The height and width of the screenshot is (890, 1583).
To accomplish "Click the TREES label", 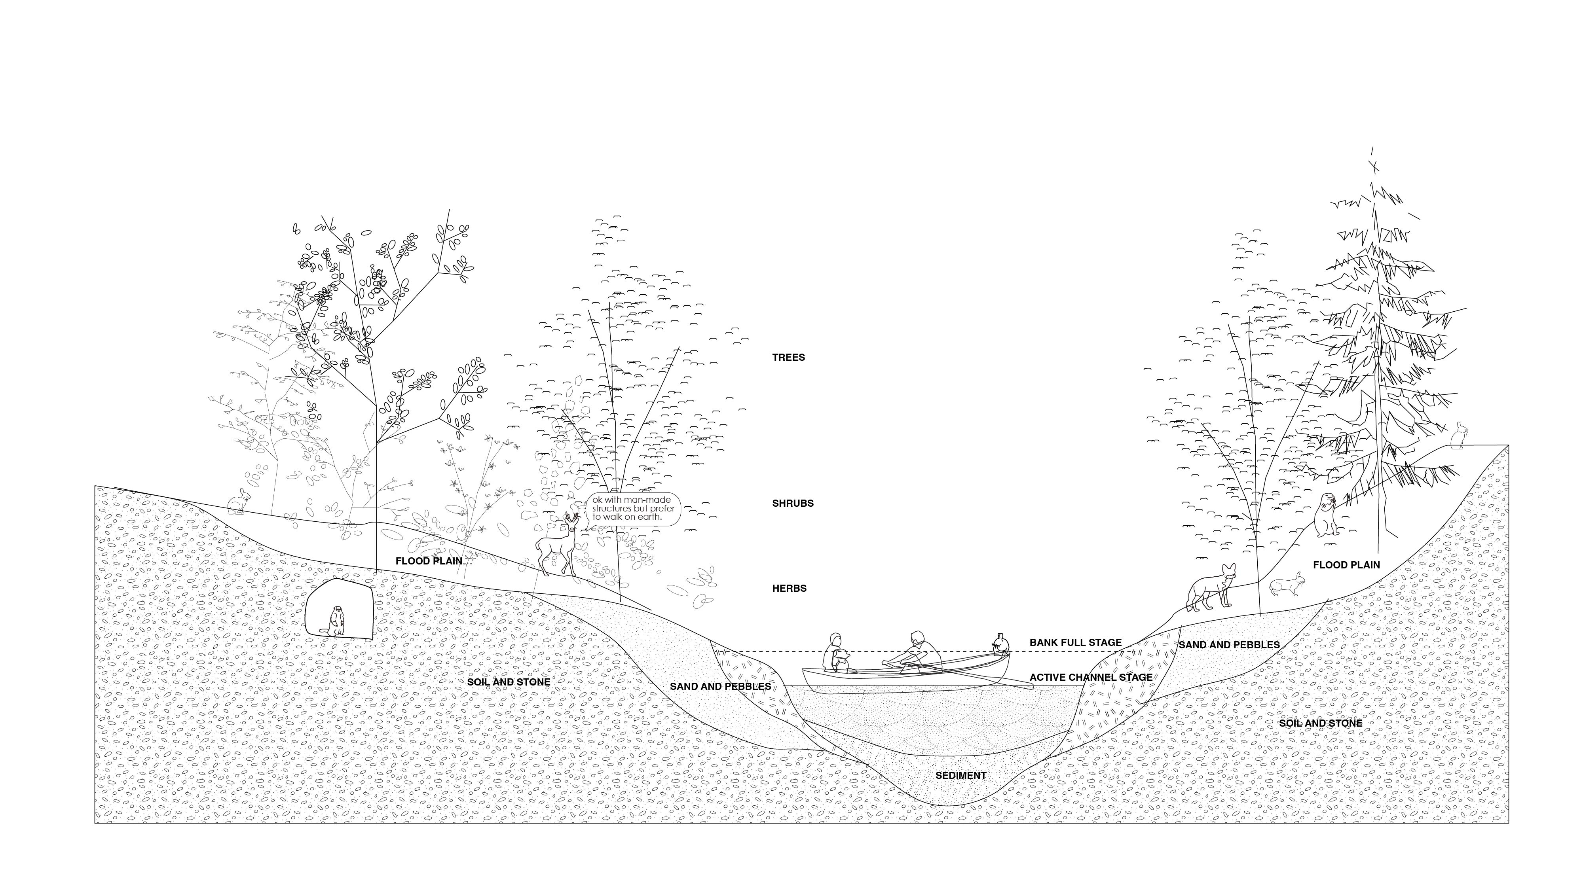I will (788, 358).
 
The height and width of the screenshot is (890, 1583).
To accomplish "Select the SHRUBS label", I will (793, 503).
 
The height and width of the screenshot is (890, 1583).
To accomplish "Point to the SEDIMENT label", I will (960, 775).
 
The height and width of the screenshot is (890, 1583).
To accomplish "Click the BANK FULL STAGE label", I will (1075, 642).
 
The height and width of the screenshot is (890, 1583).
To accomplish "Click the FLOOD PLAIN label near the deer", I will (428, 561).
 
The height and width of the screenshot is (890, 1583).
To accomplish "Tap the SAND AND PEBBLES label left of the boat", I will (720, 686).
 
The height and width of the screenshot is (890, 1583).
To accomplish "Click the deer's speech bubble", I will (633, 509).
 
